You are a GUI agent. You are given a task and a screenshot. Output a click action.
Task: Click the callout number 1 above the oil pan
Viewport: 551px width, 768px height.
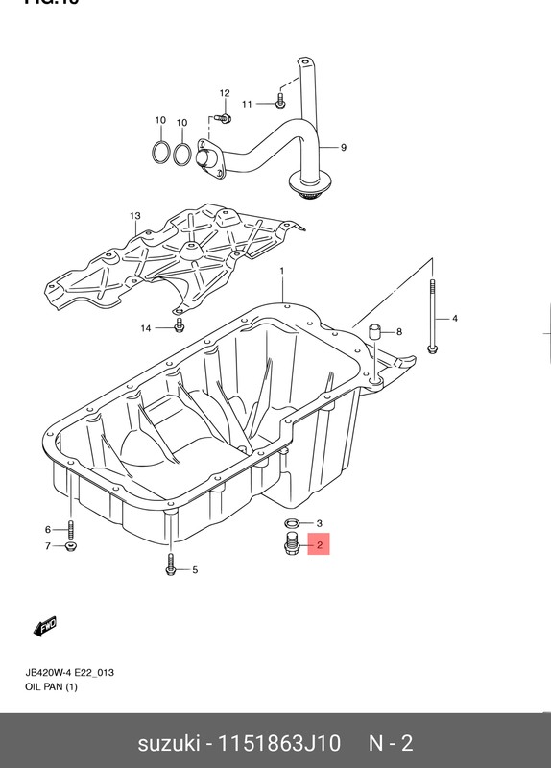(x=282, y=272)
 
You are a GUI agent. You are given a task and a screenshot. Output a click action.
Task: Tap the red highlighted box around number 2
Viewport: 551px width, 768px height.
(x=319, y=546)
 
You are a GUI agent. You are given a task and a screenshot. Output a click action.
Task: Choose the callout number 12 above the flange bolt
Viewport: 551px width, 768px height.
(x=225, y=93)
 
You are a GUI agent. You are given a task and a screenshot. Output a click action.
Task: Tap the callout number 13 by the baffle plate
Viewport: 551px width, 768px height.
(x=135, y=215)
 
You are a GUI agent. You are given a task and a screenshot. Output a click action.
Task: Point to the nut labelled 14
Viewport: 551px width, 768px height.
(x=180, y=329)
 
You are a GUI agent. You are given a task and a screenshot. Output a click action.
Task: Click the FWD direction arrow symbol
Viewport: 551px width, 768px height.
(x=45, y=627)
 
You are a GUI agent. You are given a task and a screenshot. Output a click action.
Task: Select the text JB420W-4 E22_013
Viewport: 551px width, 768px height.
(x=70, y=673)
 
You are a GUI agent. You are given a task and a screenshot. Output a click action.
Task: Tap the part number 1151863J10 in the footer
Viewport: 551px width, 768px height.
(x=279, y=743)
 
